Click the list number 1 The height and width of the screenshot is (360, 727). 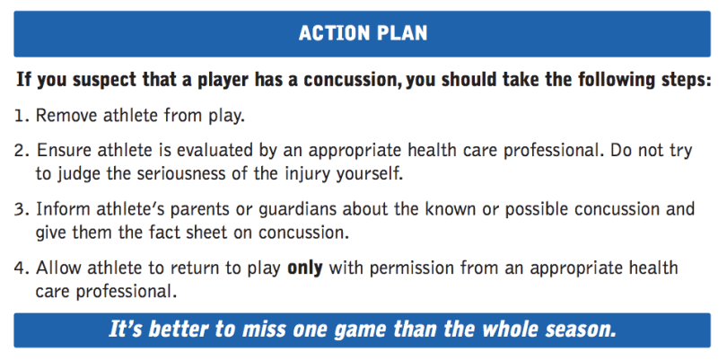tap(21, 116)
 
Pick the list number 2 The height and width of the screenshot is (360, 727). tap(22, 151)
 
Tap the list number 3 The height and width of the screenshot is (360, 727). tap(22, 210)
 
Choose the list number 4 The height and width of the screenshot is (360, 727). tap(22, 268)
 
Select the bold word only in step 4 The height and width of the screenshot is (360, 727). tap(305, 268)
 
